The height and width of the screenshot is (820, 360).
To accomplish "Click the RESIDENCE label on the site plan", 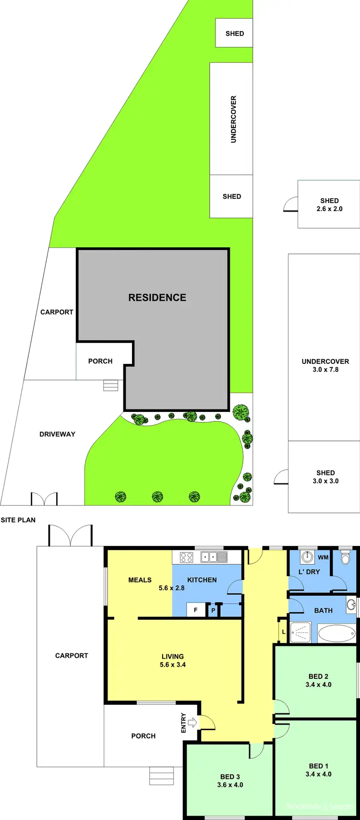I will click(x=157, y=298).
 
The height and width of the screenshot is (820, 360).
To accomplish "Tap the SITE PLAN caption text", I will click(x=18, y=520).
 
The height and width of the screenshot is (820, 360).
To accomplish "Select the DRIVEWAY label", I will click(x=57, y=434).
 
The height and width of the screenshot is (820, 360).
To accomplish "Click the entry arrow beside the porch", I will click(x=192, y=722).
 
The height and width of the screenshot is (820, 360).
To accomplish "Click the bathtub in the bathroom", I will click(x=336, y=634).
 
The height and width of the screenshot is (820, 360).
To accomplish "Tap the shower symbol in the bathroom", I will click(x=301, y=633).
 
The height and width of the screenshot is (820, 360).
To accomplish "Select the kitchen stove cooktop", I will click(x=186, y=557).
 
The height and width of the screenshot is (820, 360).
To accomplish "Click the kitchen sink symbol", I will click(x=214, y=557).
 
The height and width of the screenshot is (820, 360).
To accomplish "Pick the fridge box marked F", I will click(x=195, y=610).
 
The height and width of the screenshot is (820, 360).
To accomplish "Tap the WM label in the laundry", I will click(x=323, y=557).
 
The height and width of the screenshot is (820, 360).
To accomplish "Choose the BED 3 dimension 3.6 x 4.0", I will click(x=230, y=785).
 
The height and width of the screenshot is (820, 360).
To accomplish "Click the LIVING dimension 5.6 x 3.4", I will click(x=173, y=665).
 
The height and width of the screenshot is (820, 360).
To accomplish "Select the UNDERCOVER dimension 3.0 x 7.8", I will click(x=325, y=370).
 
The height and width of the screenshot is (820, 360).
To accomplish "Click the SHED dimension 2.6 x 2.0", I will click(x=329, y=209).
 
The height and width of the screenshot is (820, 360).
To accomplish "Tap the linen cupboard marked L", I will click(x=283, y=632).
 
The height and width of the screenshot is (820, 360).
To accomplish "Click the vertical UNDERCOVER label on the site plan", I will click(x=234, y=119).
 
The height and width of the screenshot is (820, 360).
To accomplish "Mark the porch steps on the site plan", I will click(x=110, y=386).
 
